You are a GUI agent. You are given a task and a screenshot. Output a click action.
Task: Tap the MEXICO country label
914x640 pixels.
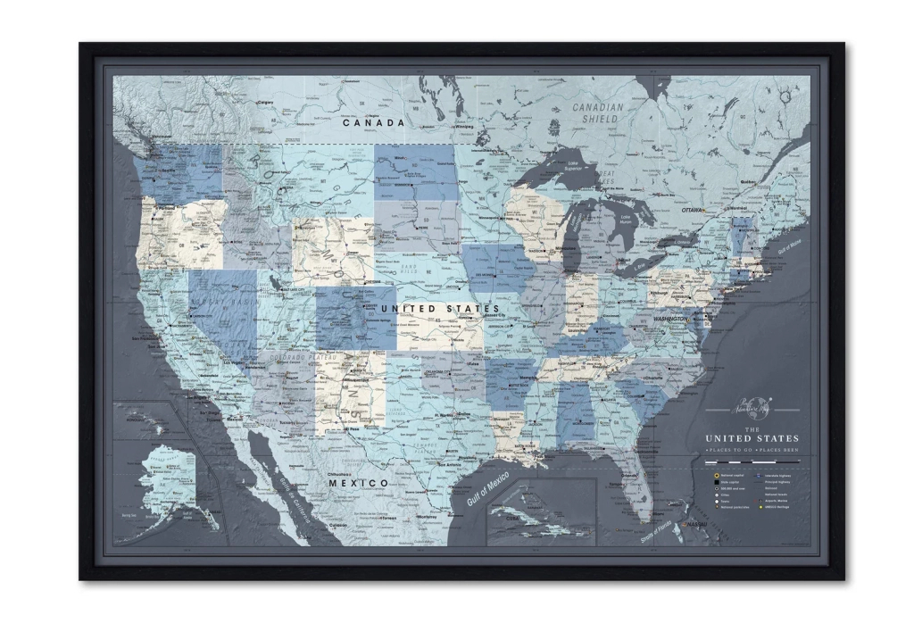[360, 483]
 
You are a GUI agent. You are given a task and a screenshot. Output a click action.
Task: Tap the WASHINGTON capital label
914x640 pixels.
[669, 319]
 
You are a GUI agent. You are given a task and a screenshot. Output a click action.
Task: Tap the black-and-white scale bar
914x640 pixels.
[752, 462]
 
